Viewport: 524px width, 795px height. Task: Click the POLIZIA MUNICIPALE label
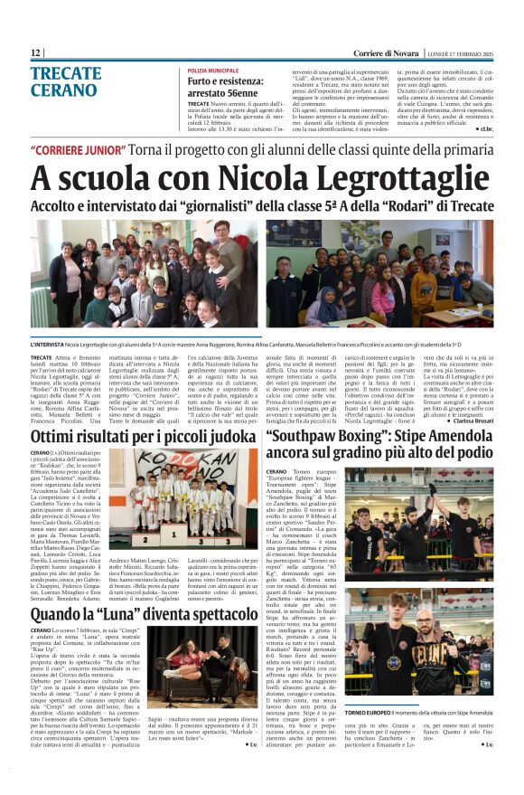[x=213, y=71]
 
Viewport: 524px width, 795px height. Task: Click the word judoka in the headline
[x=219, y=438]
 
